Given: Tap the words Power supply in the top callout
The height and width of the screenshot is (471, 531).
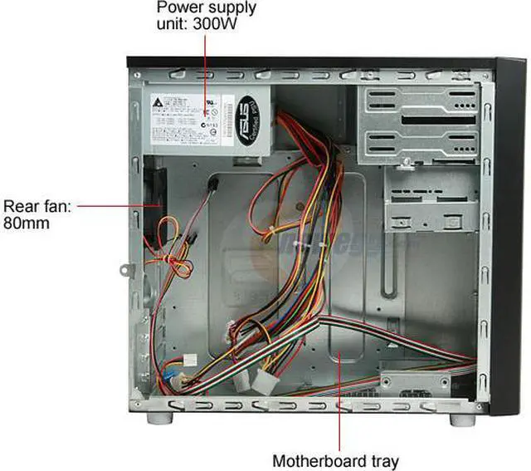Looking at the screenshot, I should click(207, 8).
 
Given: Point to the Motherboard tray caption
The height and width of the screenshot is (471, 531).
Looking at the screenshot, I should click(336, 460).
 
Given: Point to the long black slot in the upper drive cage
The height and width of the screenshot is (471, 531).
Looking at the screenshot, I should click(431, 119).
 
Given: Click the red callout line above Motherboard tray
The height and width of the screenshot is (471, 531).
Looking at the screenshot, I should click(339, 399).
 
